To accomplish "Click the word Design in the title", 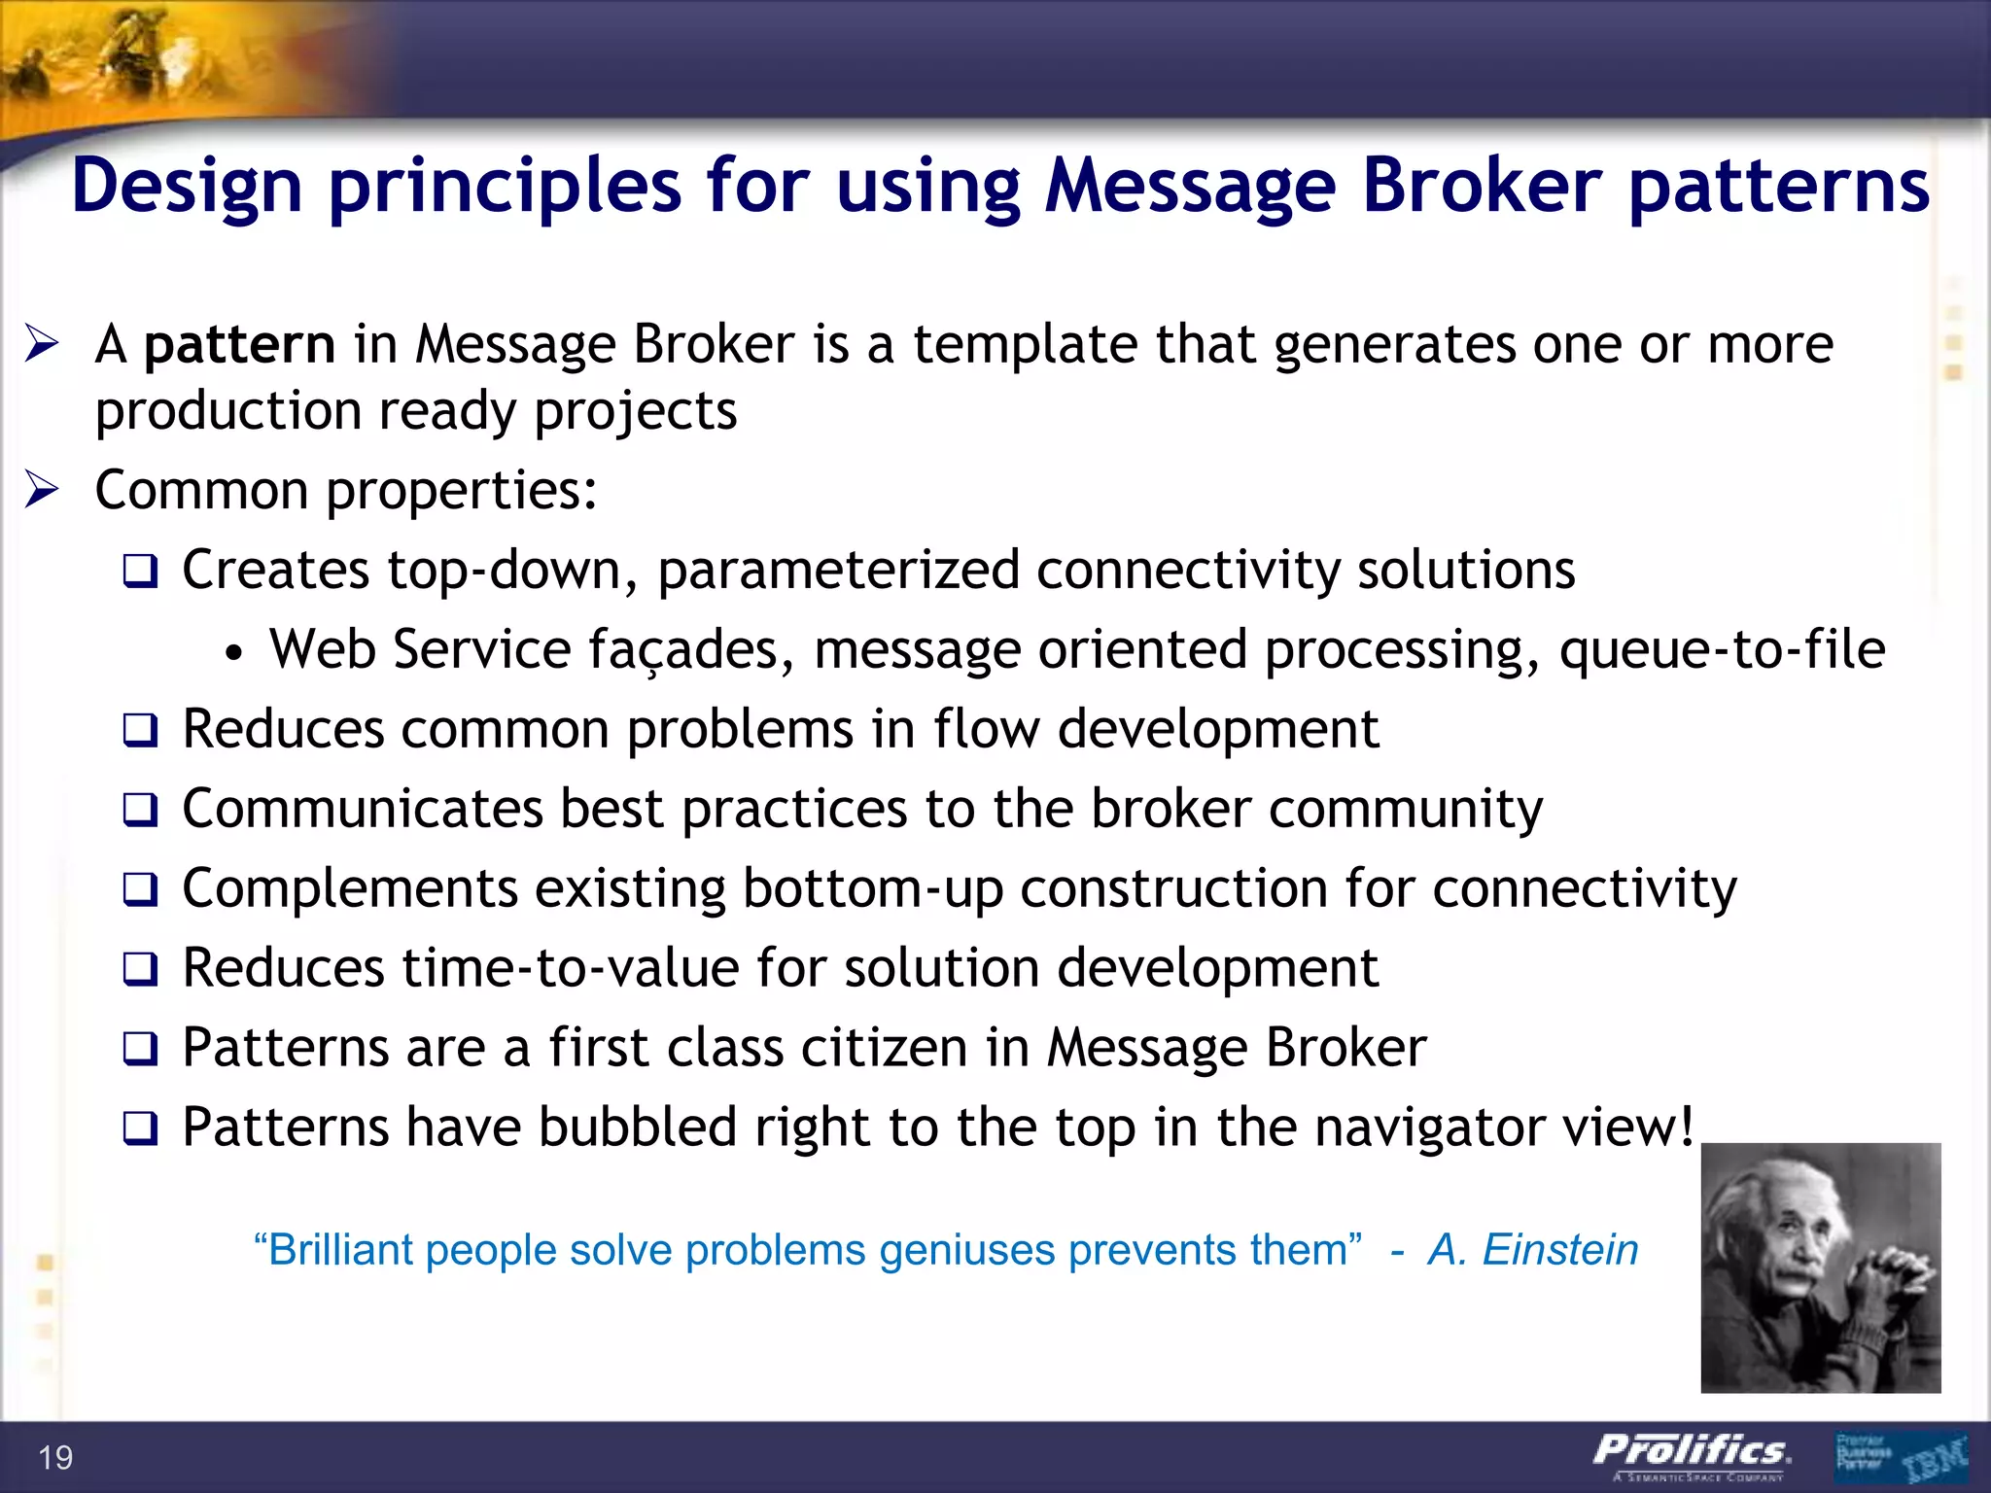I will coord(187,187).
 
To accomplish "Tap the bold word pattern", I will coord(239,346).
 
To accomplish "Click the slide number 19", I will coord(55,1458).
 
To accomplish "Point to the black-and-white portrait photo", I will coord(1820,1267).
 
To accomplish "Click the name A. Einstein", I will coord(1533,1250).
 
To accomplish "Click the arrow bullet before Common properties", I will coord(43,490).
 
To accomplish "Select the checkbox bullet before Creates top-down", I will coord(140,572).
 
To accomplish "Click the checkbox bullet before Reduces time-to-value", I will coord(140,970).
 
